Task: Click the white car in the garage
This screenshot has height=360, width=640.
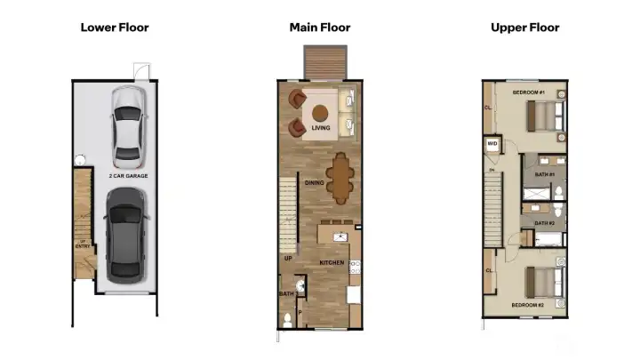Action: click(x=128, y=124)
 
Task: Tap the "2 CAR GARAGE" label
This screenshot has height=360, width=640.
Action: click(x=128, y=176)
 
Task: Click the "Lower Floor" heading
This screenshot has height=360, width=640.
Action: click(x=115, y=28)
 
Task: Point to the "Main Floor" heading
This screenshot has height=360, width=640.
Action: click(x=320, y=28)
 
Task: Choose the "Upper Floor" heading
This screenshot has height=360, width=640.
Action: click(x=525, y=28)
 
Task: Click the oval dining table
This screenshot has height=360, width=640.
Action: click(x=340, y=179)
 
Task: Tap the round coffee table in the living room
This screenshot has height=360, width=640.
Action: click(x=320, y=114)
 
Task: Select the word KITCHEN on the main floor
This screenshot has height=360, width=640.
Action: click(x=332, y=263)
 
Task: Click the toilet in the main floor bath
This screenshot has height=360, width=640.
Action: click(x=286, y=318)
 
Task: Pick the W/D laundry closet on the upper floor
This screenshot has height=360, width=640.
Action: click(x=492, y=144)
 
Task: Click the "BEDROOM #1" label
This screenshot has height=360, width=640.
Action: click(x=528, y=92)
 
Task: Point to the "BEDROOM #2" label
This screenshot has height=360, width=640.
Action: click(x=528, y=305)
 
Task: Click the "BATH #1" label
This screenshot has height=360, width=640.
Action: click(x=544, y=174)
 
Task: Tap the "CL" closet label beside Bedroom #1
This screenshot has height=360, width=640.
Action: click(x=488, y=108)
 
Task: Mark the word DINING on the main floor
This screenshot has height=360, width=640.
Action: click(x=314, y=183)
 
